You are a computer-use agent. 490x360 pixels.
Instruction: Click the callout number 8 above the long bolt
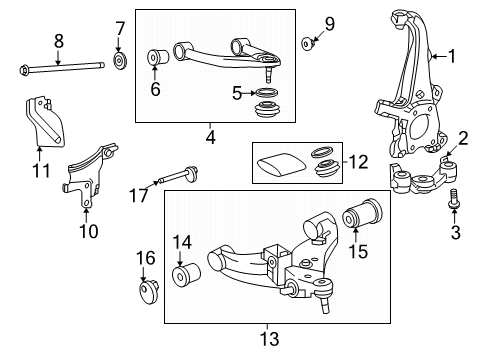[x=58, y=42]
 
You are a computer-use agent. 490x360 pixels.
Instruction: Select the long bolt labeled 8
[x=61, y=68]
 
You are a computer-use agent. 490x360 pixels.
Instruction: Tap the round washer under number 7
[x=119, y=61]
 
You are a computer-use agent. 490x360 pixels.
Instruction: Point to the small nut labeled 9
[x=308, y=44]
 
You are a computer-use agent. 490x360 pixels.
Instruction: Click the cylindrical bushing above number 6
[x=158, y=57]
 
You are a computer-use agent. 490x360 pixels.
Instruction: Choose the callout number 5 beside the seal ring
[x=237, y=93]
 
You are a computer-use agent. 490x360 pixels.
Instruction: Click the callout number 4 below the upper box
[x=211, y=137]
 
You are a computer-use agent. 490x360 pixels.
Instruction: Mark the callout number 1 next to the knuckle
[x=452, y=56]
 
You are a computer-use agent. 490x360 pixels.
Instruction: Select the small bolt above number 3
[x=453, y=199]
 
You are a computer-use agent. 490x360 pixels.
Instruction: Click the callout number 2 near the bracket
[x=463, y=138]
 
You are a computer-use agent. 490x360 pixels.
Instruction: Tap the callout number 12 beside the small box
[x=358, y=162]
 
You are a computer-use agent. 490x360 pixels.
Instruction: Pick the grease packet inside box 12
[x=281, y=164]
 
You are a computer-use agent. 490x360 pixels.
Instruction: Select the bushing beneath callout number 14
[x=186, y=273]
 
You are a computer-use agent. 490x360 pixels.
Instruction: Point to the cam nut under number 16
[x=148, y=292]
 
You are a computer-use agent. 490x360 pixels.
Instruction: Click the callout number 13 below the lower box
[x=269, y=339]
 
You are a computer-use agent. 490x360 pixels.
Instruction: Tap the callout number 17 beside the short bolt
[x=139, y=195]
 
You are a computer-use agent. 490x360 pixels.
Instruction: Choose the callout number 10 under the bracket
[x=89, y=231]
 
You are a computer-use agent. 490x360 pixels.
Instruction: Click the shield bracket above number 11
[x=44, y=122]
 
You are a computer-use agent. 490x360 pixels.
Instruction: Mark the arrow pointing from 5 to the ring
[x=249, y=93]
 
